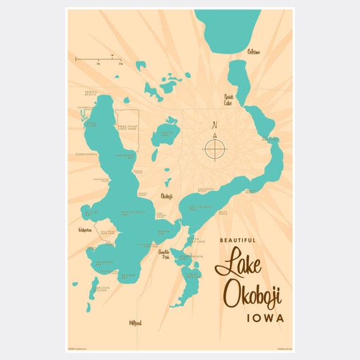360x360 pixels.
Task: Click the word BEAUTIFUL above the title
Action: click(x=238, y=240)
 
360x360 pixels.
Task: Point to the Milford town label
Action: click(x=135, y=323)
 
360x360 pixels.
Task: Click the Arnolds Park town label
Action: click(x=164, y=255)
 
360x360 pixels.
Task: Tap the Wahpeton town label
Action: click(x=85, y=230)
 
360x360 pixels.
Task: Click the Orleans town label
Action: click(x=254, y=51)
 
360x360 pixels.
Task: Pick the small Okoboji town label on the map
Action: click(x=167, y=196)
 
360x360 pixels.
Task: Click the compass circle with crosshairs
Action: click(x=215, y=149)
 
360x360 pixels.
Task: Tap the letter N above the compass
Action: click(x=215, y=124)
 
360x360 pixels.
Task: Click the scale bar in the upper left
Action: click(x=99, y=59)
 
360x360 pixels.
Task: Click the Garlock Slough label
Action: click(x=100, y=289)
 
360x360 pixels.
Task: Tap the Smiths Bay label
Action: click(x=164, y=232)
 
